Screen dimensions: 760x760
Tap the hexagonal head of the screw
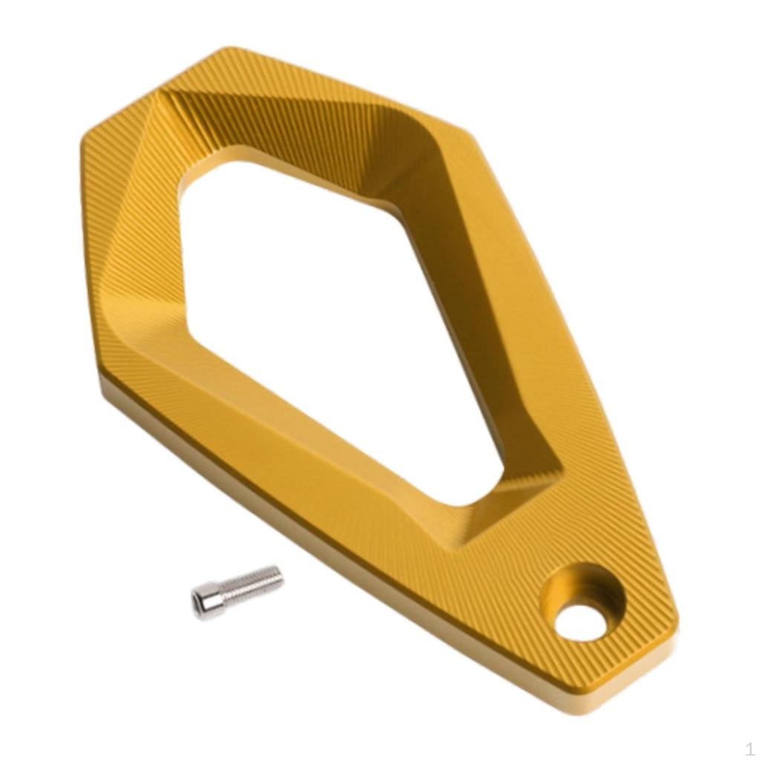[208, 600]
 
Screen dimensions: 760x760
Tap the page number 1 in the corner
[749, 749]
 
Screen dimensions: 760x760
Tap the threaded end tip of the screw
[279, 575]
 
